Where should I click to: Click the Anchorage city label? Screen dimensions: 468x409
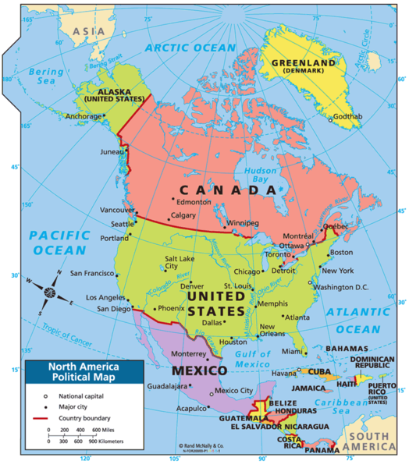point(83,117)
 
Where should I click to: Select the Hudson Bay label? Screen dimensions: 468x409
point(251,172)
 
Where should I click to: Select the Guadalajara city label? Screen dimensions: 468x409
point(167,386)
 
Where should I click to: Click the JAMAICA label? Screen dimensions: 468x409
point(309,387)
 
